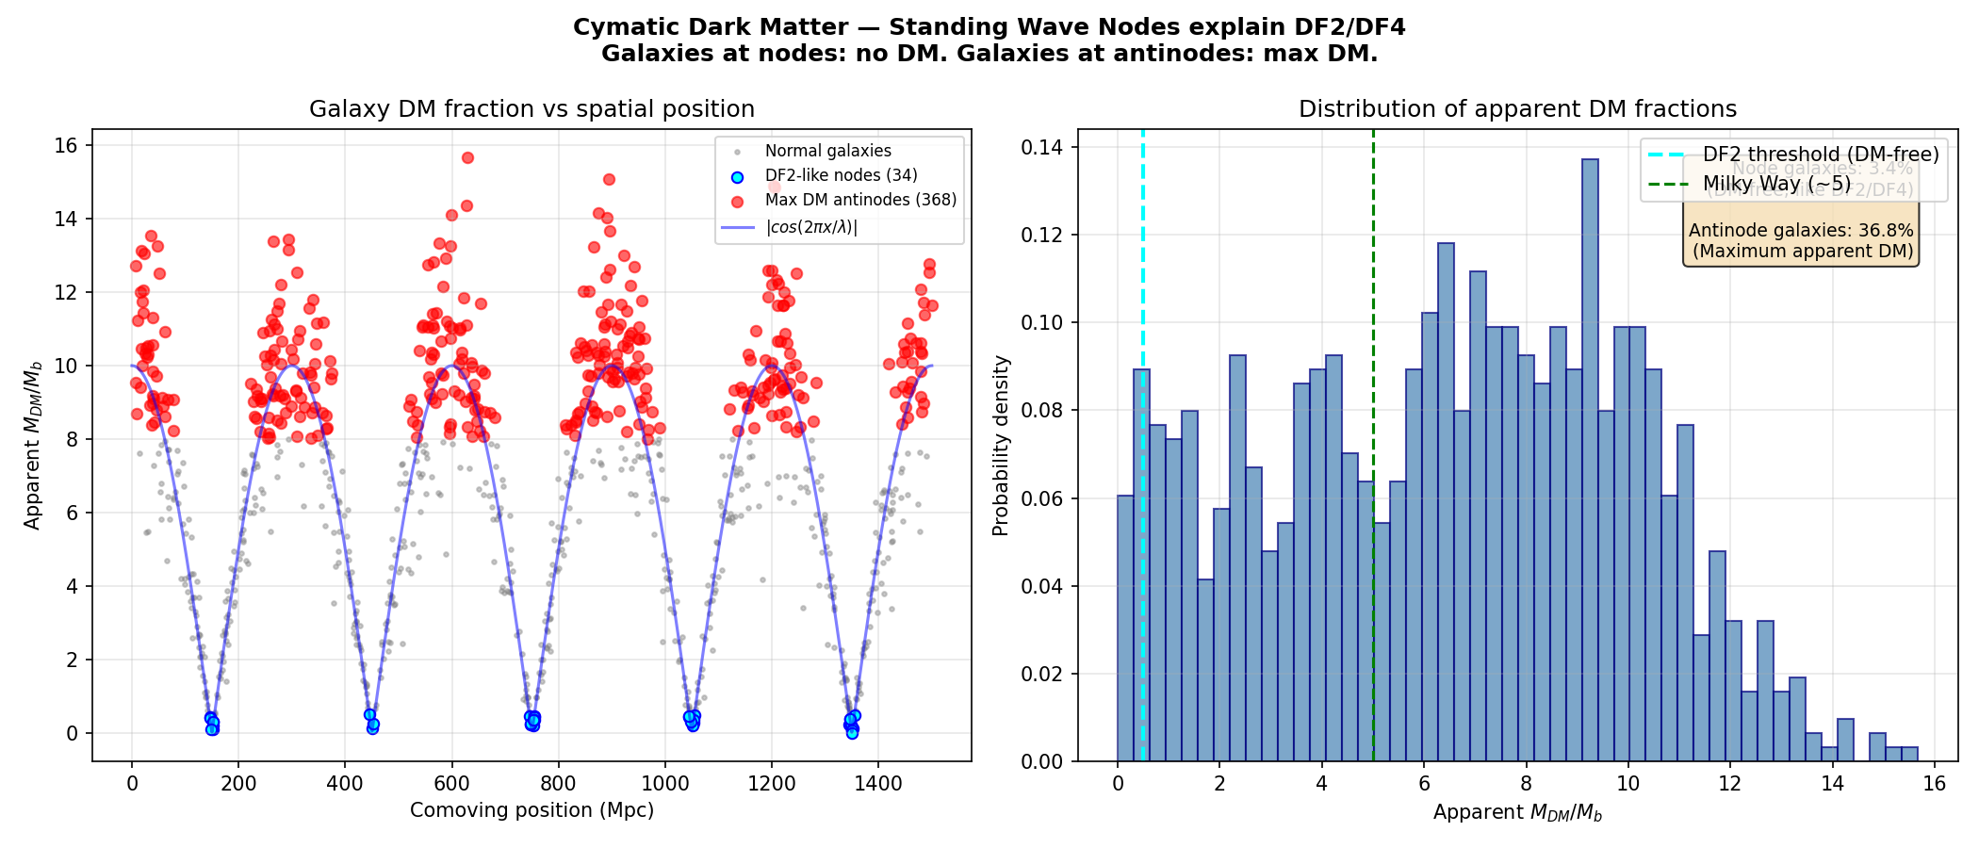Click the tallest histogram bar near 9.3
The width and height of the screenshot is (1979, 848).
[1590, 462]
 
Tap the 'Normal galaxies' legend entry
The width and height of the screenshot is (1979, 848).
[827, 151]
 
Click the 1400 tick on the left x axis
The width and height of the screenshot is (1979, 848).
[878, 782]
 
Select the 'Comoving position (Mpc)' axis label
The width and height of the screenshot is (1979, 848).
[532, 810]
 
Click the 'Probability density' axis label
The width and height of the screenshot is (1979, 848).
[1001, 446]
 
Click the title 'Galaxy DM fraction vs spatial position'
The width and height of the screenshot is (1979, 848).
[532, 109]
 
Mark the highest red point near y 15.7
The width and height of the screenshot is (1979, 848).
[467, 157]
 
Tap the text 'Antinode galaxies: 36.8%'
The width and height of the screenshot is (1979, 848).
[1801, 231]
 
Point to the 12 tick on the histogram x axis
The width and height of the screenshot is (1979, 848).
[1730, 784]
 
